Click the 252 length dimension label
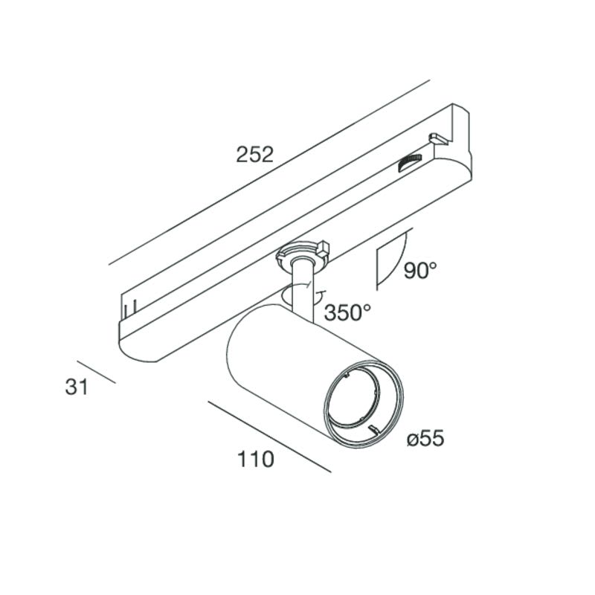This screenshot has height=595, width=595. point(254,155)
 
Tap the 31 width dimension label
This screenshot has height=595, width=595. point(77,387)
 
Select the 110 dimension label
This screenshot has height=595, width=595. point(255,459)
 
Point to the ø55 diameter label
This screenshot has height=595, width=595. point(425,439)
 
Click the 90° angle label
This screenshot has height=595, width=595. point(420,270)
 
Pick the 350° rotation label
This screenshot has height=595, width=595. point(347,313)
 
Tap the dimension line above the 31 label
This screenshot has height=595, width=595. point(96,372)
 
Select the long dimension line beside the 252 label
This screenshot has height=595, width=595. point(269,173)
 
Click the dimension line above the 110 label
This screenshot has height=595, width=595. point(269,437)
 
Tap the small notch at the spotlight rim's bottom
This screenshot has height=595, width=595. point(374,429)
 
